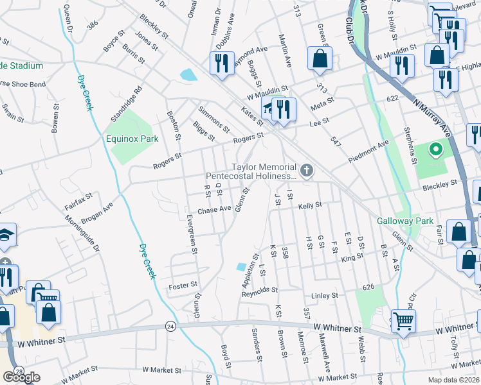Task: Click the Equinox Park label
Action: coord(133,138)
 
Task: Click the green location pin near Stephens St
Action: coord(435,150)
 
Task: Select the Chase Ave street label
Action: coord(214,210)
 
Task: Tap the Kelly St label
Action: coord(309,206)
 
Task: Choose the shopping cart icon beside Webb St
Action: coord(403,320)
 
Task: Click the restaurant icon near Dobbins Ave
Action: coord(220,62)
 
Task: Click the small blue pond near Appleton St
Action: coord(241,266)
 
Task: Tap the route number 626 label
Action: coord(368,287)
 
